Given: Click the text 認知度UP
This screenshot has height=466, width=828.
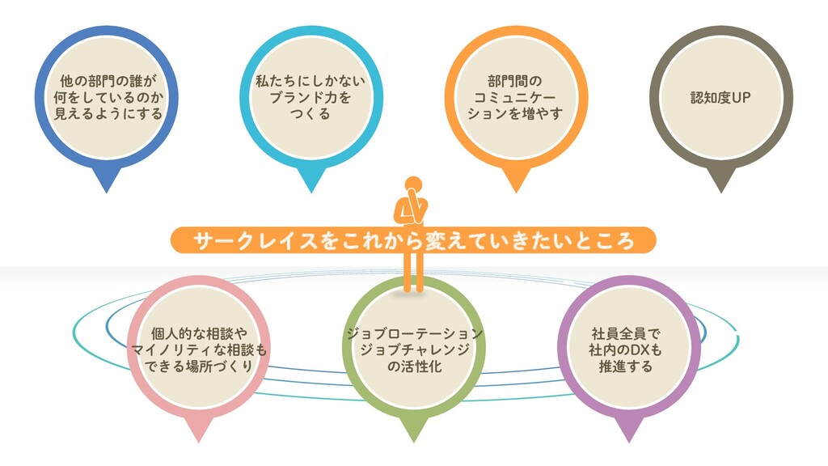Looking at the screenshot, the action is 720,98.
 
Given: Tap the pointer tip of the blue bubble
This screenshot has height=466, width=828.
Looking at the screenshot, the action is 107,191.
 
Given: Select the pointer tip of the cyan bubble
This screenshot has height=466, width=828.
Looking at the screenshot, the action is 310,191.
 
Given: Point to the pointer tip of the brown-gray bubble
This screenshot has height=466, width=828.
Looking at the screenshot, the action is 720,191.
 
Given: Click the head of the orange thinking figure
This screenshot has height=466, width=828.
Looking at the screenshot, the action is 413,184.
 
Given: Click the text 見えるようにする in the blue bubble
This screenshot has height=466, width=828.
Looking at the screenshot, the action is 108,114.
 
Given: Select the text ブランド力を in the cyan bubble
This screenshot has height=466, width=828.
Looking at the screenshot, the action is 311,98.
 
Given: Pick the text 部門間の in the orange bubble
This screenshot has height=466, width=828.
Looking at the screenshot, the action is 515,82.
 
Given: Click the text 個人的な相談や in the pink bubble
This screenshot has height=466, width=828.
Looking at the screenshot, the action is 199,333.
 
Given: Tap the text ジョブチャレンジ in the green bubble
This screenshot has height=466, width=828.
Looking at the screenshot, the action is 413,349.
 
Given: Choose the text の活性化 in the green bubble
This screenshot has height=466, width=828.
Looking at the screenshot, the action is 413,366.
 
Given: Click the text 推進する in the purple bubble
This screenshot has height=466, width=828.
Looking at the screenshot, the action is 627,366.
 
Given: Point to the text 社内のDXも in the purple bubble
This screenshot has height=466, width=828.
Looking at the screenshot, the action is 627,349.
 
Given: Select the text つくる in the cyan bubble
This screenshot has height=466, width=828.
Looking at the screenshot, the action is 311,114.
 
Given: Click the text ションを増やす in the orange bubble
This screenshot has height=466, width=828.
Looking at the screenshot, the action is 515,114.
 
